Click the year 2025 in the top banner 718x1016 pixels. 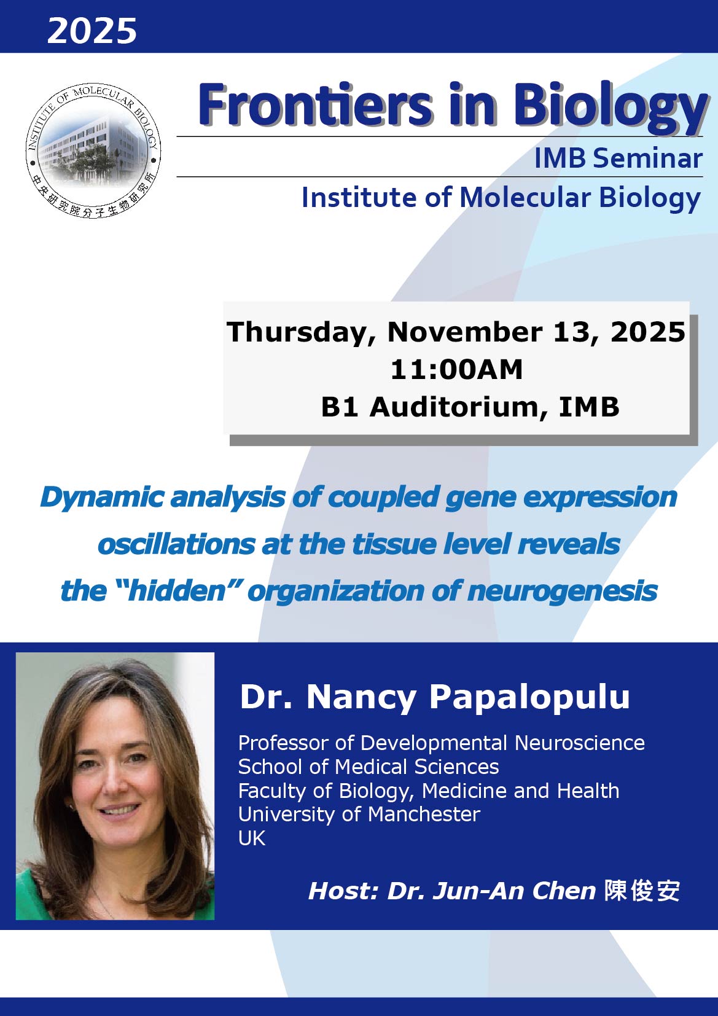click(92, 31)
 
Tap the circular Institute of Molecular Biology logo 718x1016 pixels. click(93, 150)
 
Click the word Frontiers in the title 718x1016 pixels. click(315, 104)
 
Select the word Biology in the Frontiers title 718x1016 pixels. click(610, 109)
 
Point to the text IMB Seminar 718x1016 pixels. click(618, 158)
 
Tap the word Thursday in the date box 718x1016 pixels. click(301, 332)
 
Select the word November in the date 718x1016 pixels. click(465, 332)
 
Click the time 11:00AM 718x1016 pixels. click(456, 369)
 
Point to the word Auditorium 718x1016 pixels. click(459, 407)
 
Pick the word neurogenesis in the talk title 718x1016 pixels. click(563, 592)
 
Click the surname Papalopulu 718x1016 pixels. click(529, 697)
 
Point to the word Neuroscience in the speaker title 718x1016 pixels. click(580, 743)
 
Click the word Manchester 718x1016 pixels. click(424, 814)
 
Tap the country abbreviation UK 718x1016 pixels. click(252, 838)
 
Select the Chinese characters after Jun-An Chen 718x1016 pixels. click(642, 891)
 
